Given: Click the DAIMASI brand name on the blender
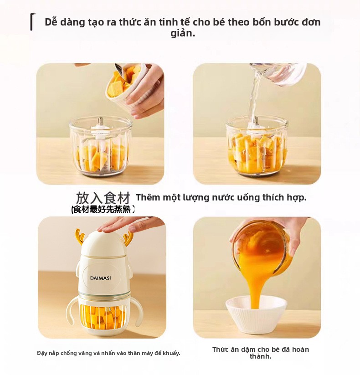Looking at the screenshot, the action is [x=100, y=278].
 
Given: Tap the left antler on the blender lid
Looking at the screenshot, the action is [x=80, y=236].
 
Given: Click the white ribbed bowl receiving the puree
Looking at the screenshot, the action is [x=256, y=314].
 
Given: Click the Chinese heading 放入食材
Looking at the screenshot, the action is [x=103, y=198].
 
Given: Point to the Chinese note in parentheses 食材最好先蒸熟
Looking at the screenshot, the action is [x=103, y=210].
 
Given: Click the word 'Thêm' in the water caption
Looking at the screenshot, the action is [x=147, y=197].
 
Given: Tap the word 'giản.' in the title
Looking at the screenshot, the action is [x=183, y=33].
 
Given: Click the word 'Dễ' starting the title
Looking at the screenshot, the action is [x=51, y=22].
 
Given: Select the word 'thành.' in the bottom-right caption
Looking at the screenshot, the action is [x=261, y=356].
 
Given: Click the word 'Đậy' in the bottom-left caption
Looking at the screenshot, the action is [x=42, y=353].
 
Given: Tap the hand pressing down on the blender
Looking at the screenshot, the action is [x=130, y=224].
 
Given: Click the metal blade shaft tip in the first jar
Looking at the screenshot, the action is [x=101, y=119].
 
